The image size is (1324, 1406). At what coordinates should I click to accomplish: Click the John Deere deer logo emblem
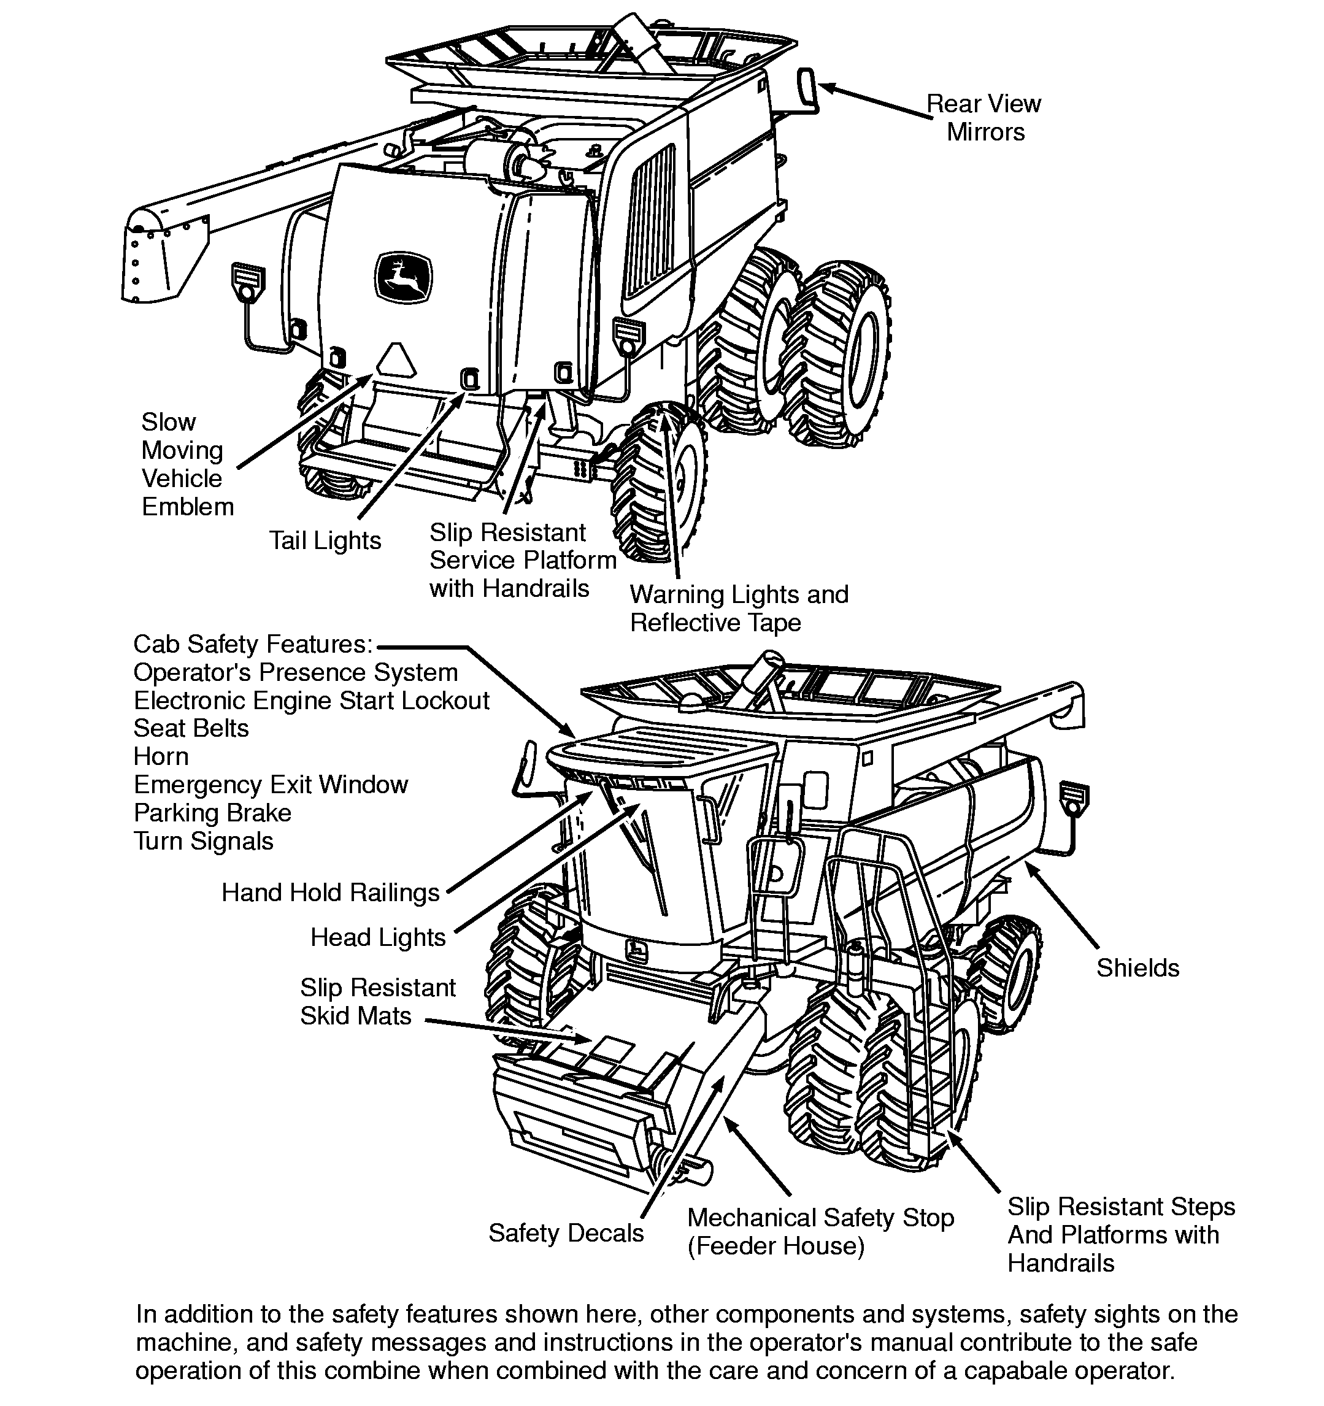(403, 277)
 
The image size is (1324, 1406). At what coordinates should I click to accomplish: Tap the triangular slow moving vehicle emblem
(397, 360)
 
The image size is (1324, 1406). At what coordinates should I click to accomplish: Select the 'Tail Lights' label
(325, 540)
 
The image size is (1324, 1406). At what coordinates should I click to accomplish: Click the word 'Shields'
(1137, 967)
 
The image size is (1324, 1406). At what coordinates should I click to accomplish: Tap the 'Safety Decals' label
(566, 1233)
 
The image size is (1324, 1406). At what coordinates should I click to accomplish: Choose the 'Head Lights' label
(378, 937)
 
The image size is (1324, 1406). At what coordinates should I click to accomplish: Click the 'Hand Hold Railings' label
(330, 893)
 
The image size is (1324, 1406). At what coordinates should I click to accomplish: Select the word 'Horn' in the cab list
(161, 756)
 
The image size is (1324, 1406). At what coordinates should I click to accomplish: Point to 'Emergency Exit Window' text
(271, 785)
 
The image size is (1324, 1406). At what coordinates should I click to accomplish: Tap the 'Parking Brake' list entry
(212, 813)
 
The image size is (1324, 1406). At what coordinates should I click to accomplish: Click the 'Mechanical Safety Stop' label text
(820, 1218)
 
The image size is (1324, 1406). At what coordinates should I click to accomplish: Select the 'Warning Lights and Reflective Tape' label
(739, 609)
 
